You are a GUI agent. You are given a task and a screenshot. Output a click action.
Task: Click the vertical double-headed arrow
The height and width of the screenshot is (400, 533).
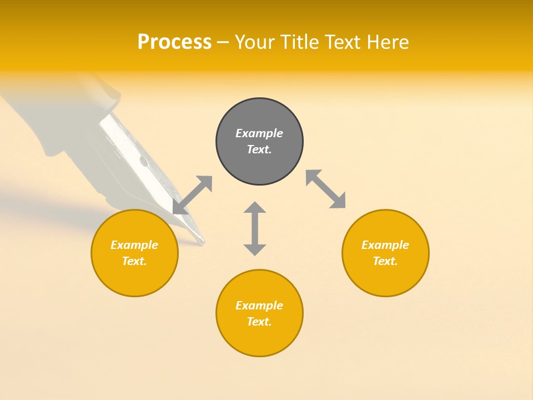point(255,228)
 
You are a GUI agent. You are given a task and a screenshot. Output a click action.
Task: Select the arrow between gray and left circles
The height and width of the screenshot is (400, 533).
point(193,195)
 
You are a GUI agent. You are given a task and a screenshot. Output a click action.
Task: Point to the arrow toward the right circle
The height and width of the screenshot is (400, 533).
point(325,189)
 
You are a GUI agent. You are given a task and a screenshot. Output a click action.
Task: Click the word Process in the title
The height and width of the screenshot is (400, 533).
point(174,42)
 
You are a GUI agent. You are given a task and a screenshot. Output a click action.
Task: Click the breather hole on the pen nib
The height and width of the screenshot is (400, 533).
point(144,162)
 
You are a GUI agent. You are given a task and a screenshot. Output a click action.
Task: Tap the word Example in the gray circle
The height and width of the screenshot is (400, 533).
point(259,133)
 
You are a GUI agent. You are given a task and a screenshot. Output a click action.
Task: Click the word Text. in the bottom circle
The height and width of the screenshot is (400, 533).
point(259,322)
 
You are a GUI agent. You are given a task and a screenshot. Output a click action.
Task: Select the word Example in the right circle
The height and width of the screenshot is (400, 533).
point(385,245)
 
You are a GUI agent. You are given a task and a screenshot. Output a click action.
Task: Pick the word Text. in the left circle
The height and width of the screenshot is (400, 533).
point(134,261)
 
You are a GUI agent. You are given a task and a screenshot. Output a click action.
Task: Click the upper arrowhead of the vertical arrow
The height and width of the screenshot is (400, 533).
point(255,208)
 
